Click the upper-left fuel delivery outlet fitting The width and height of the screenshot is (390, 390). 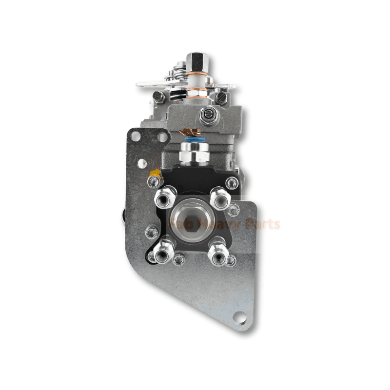161,197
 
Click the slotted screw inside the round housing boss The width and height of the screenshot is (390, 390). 207,116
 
